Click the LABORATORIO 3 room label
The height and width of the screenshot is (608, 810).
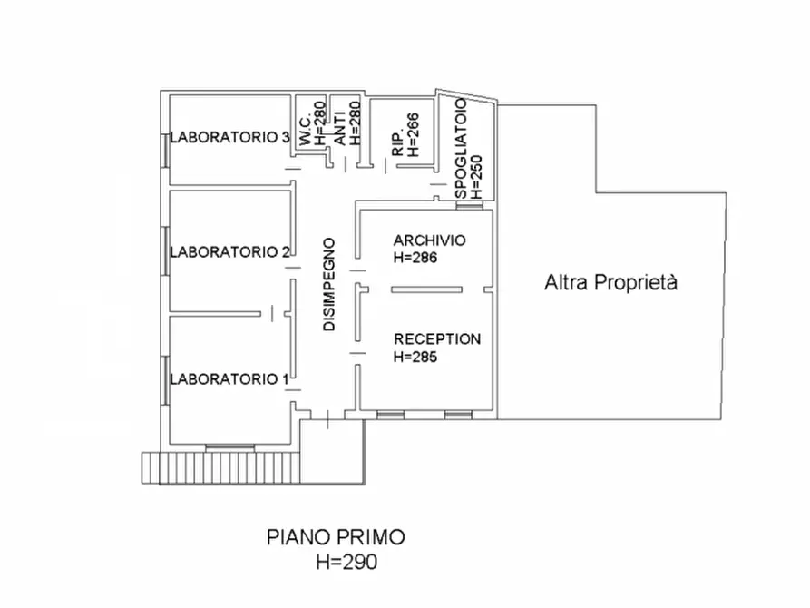click(229, 138)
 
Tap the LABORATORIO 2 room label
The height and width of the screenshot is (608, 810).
click(229, 252)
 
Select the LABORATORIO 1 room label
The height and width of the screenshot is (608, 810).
click(229, 379)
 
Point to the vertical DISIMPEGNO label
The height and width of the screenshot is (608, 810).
click(329, 284)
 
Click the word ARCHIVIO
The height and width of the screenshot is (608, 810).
click(430, 240)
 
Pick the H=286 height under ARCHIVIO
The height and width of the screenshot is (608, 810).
click(415, 258)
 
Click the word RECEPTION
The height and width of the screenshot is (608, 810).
click(437, 339)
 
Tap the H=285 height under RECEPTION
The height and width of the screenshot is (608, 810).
click(415, 357)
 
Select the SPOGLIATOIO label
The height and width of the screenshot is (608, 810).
click(461, 149)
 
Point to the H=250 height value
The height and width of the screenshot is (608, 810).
click(477, 177)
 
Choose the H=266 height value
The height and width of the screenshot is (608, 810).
click(414, 135)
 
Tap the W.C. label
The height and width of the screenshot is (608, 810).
click(306, 131)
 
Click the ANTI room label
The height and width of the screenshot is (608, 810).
click(339, 132)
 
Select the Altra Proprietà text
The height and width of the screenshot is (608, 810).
click(610, 283)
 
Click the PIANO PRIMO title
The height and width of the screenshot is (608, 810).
click(336, 538)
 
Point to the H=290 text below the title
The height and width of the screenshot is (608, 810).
click(346, 562)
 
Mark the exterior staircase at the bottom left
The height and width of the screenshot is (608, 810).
click(221, 468)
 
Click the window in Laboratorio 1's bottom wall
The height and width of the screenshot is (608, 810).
click(229, 447)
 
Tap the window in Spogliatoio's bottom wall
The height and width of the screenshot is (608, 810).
click(470, 205)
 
